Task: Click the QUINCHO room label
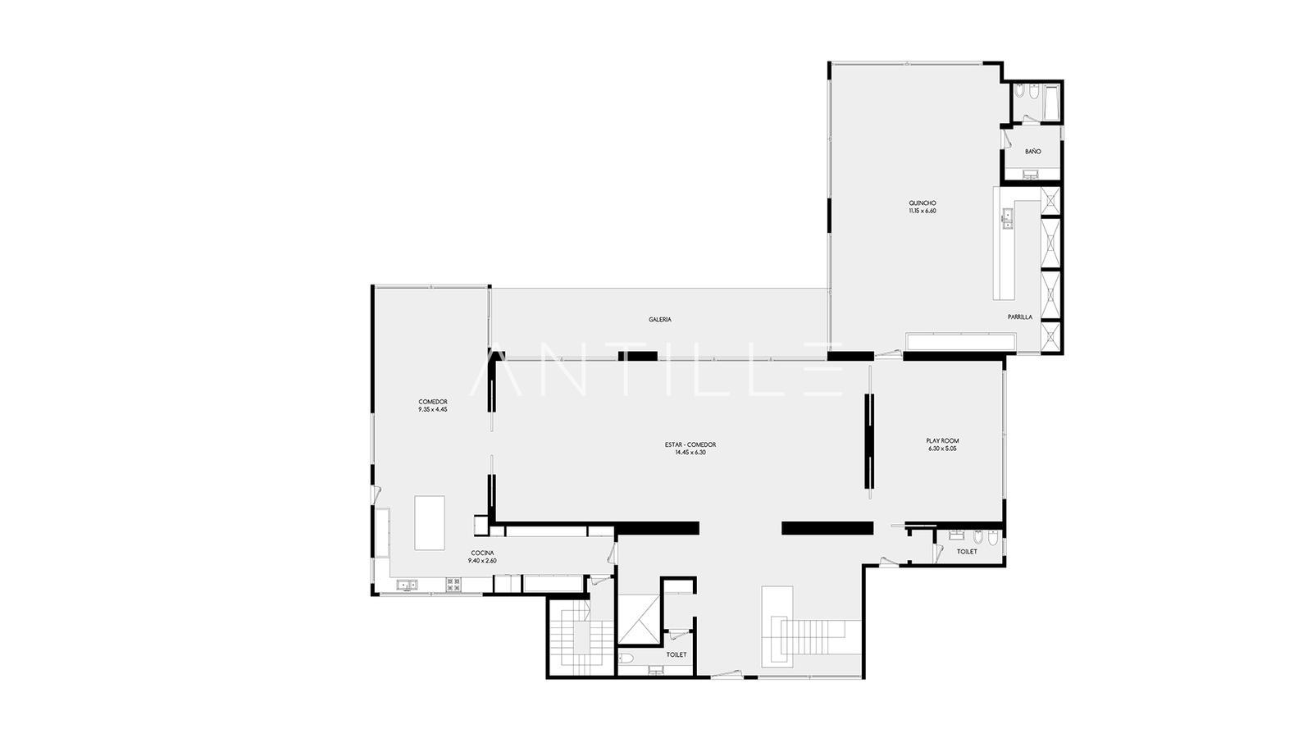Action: [x=922, y=203]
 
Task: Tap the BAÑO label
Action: [x=1033, y=152]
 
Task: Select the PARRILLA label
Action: [x=1020, y=317]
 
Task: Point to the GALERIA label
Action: [x=660, y=320]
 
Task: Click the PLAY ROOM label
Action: [x=942, y=441]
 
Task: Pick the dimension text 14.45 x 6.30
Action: [x=690, y=452]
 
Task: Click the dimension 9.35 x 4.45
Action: [x=433, y=409]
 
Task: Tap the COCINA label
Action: [x=483, y=553]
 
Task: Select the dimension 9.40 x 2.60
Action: [x=482, y=561]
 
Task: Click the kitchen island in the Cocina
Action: [x=430, y=522]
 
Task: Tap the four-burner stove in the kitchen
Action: [x=453, y=585]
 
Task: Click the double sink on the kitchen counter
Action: [x=407, y=585]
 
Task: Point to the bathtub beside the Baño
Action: [x=1050, y=103]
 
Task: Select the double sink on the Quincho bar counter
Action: [x=1008, y=218]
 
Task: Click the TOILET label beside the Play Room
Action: [x=967, y=552]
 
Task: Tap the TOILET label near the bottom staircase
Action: [x=676, y=655]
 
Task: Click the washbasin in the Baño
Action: [x=1030, y=174]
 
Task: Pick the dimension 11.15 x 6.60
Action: [x=922, y=211]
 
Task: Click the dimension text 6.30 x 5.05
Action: [x=942, y=449]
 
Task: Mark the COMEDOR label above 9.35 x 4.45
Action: [x=433, y=402]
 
